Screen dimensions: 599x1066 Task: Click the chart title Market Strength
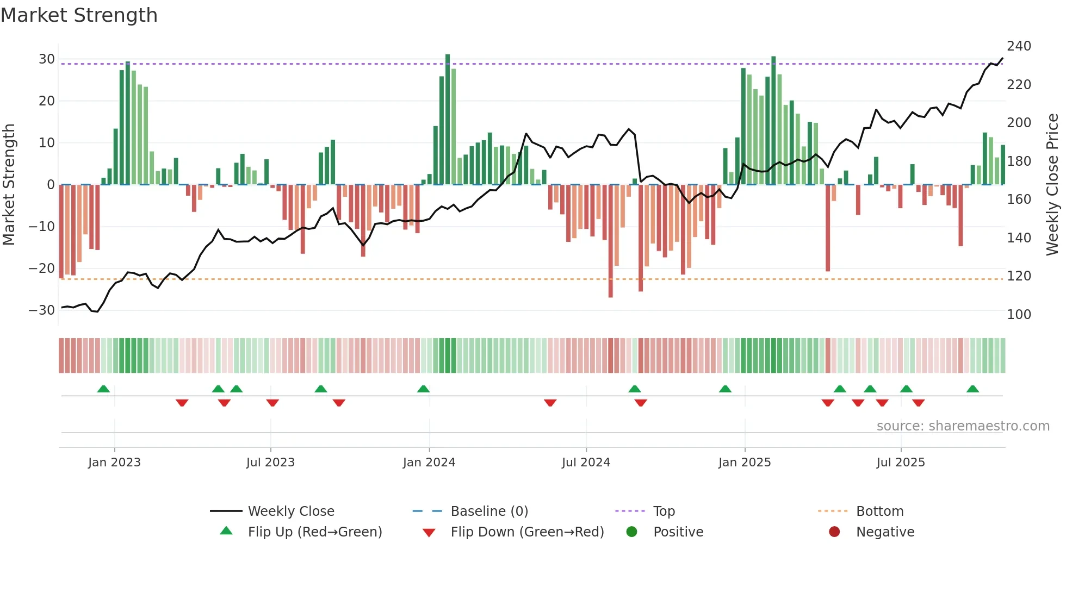click(79, 15)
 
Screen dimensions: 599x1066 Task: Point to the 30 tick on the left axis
click(47, 59)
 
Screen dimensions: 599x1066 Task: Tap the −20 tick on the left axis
click(42, 269)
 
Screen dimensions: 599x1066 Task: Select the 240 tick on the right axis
click(1019, 46)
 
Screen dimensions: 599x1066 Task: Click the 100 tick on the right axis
click(1019, 315)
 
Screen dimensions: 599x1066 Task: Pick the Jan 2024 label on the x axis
click(429, 463)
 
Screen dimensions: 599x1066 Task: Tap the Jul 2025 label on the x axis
click(901, 463)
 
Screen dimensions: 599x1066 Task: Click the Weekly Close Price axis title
click(1052, 185)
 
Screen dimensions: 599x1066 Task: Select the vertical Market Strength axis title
click(9, 185)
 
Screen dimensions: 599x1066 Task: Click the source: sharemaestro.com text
click(963, 426)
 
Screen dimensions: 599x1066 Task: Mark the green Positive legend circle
click(631, 532)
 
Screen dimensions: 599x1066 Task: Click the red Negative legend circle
click(834, 532)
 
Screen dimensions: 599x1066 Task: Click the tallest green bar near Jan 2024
click(448, 120)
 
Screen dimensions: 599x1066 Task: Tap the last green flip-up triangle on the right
click(972, 389)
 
